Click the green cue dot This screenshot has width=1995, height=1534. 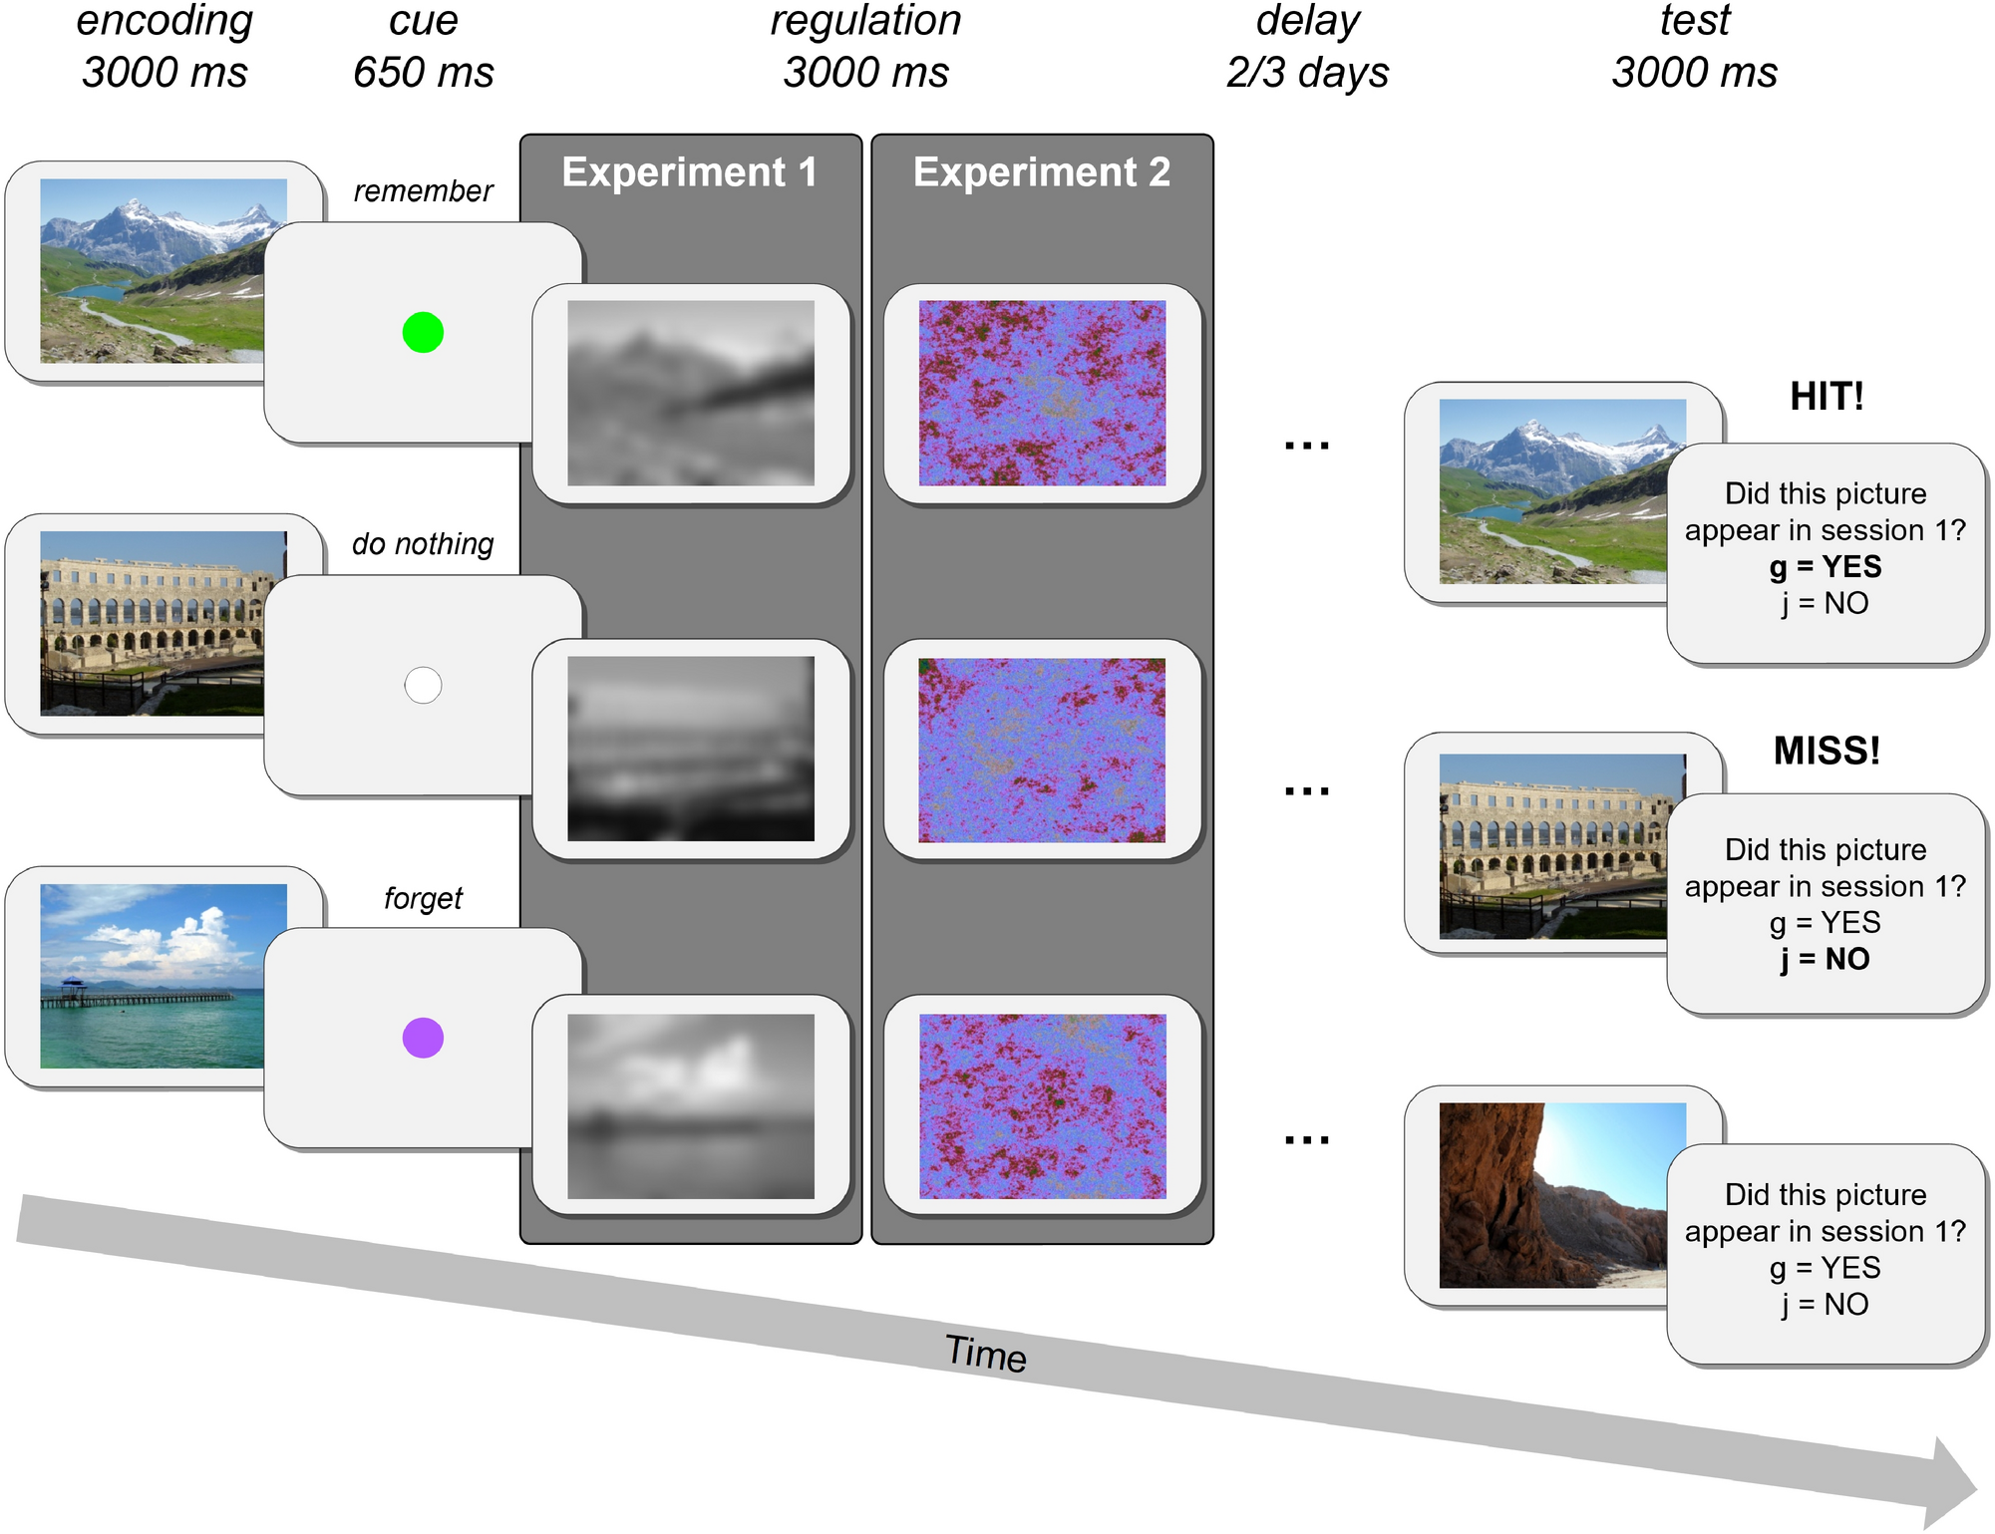point(423,333)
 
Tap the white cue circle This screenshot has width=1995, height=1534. point(423,686)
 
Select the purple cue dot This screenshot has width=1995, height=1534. point(423,1038)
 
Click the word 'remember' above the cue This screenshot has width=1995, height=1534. point(423,190)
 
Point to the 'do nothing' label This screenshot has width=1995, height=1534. point(423,543)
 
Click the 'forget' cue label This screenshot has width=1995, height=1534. point(423,898)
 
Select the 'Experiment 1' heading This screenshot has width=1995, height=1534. point(689,172)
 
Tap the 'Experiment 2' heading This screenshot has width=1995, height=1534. point(1042,172)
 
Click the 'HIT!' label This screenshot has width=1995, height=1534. point(1826,397)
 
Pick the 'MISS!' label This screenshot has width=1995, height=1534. point(1826,751)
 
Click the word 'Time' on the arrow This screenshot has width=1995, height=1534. point(985,1354)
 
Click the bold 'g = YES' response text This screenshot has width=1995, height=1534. point(1826,566)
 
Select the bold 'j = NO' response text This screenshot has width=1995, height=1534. point(1826,959)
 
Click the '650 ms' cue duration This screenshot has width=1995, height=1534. point(423,73)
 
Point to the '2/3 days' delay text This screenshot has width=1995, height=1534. point(1307,73)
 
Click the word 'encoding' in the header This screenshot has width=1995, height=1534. point(165,21)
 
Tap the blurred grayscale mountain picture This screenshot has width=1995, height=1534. point(690,393)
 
